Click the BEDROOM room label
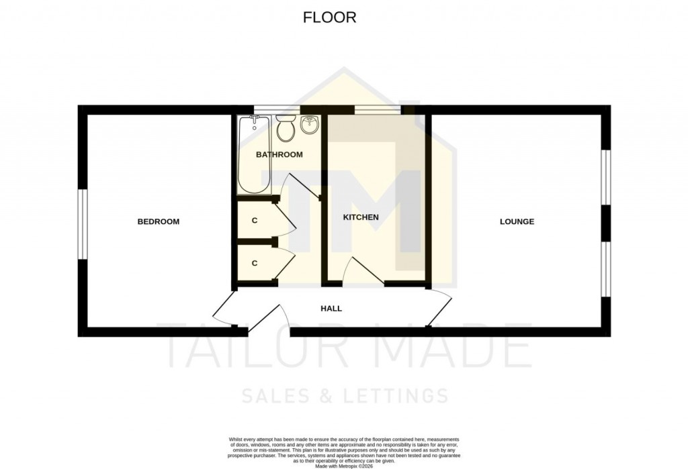159,221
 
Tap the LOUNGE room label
517,221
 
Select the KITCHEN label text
361,217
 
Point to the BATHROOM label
279,154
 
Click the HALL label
331,309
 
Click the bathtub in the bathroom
254,155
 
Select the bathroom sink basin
310,125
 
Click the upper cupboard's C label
255,220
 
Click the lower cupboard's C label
255,263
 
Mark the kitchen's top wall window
378,108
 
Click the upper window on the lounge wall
606,176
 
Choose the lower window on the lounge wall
606,268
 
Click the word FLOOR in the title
329,18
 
